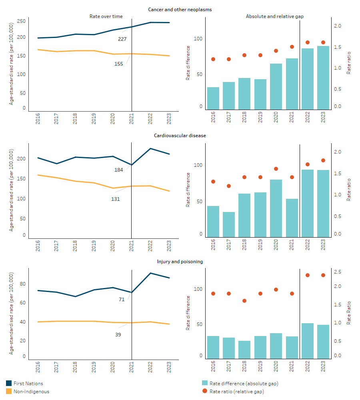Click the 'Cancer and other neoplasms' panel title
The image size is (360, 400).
click(180, 9)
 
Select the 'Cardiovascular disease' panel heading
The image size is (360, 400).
click(180, 136)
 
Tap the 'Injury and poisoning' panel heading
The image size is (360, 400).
click(180, 262)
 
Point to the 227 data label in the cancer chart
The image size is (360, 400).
click(122, 39)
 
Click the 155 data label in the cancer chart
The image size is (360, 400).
click(118, 64)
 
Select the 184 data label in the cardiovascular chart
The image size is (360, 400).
click(118, 170)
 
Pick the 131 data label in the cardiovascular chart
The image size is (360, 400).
click(116, 198)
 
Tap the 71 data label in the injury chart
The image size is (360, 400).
click(122, 299)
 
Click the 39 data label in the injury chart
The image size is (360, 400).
click(118, 334)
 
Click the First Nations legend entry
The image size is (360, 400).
click(28, 383)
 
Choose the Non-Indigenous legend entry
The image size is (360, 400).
click(31, 392)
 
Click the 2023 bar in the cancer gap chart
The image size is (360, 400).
click(323, 78)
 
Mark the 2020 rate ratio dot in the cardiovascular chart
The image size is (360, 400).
click(276, 169)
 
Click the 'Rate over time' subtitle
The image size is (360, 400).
click(106, 16)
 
